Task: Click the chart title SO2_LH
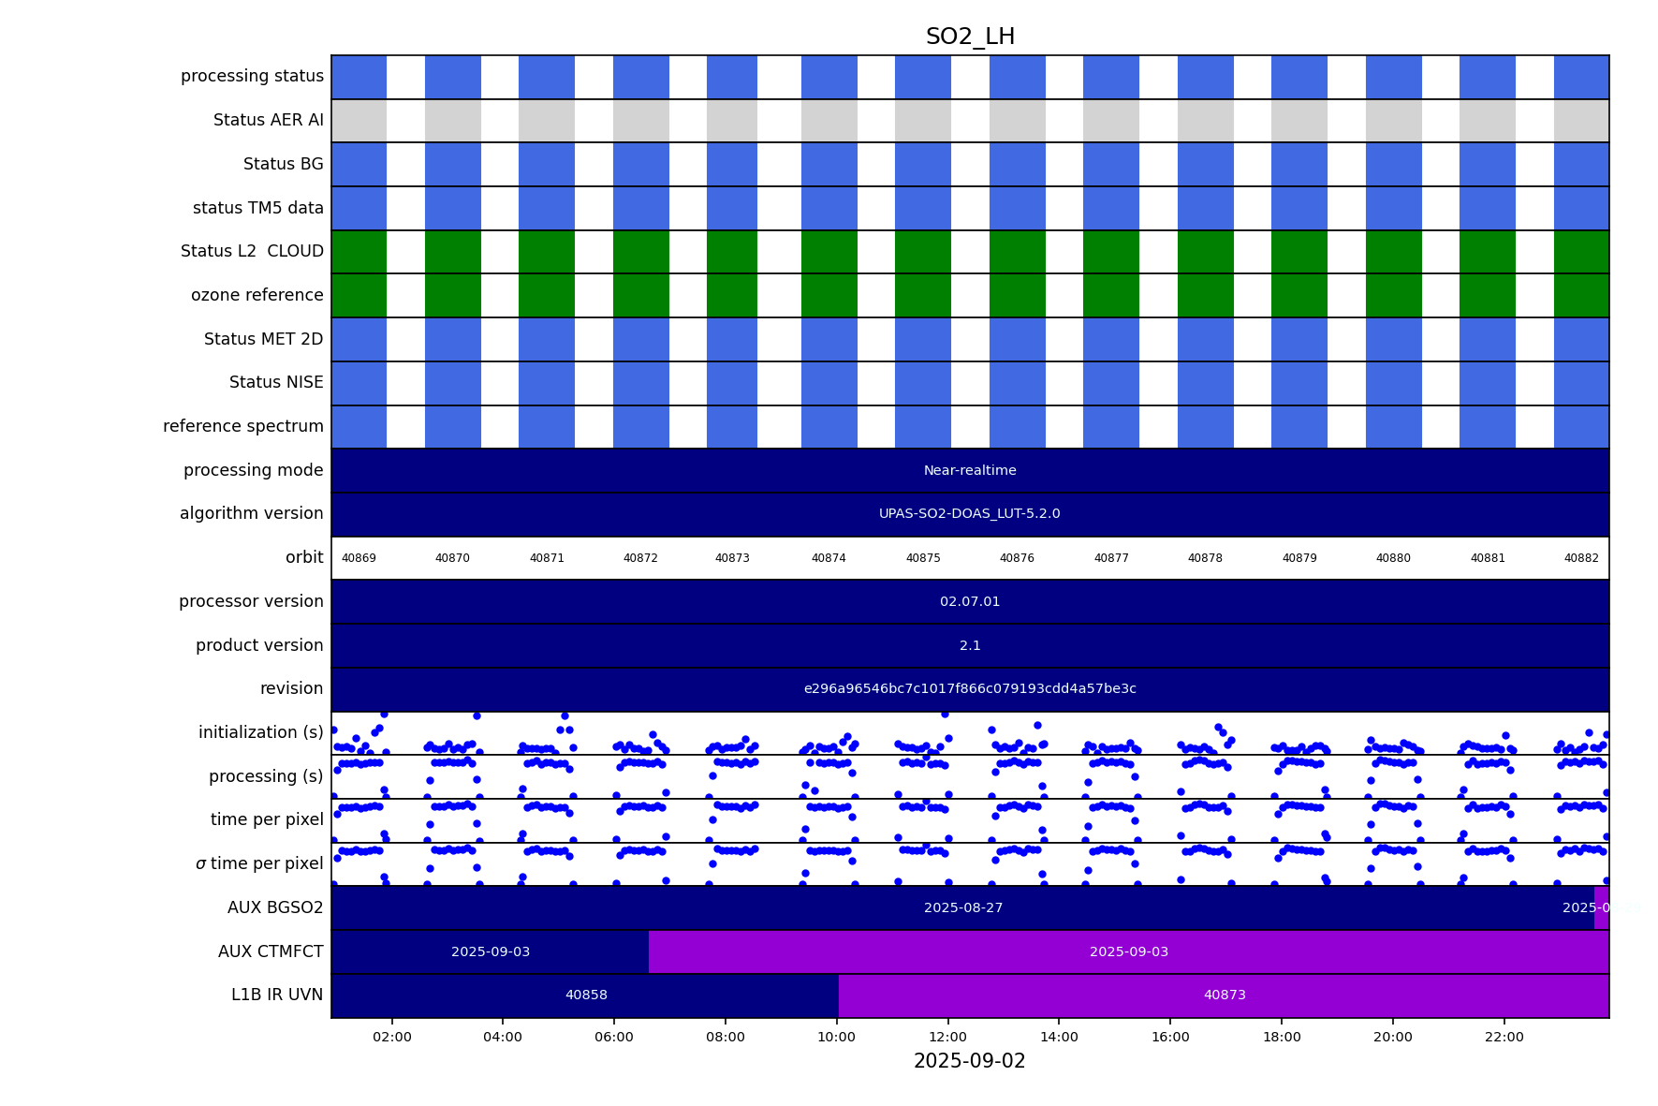point(970,37)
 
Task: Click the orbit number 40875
point(923,558)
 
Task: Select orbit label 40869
point(359,558)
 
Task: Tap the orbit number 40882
point(1581,558)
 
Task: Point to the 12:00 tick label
point(947,1037)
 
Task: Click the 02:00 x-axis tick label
point(391,1037)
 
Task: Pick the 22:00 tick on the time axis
point(1504,1037)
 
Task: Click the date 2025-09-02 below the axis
point(969,1061)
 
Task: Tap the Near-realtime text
point(970,470)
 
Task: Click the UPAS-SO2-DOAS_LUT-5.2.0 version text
point(969,513)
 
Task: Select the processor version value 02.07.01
point(970,601)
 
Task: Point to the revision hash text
point(970,688)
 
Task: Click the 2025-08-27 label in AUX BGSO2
point(963,907)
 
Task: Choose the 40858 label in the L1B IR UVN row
point(586,995)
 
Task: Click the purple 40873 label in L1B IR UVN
point(1225,995)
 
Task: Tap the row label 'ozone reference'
point(257,295)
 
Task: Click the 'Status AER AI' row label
point(268,120)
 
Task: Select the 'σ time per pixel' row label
point(258,863)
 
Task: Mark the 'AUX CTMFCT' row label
point(271,951)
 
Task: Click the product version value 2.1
point(970,645)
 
